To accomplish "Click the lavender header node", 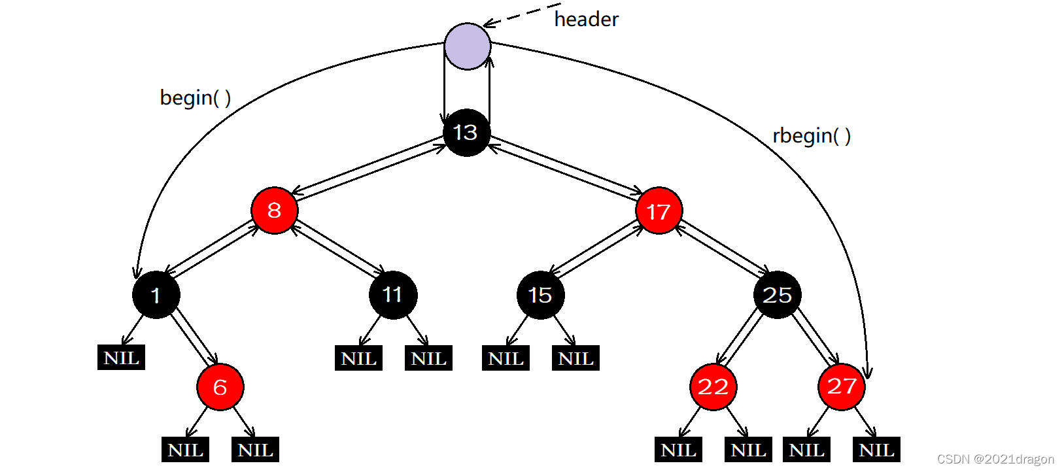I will tap(467, 46).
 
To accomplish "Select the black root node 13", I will tap(466, 133).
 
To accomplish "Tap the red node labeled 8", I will tap(275, 211).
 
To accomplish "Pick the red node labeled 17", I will tap(659, 211).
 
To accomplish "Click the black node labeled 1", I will tap(156, 295).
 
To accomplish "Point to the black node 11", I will tap(392, 295).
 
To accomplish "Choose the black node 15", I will tap(540, 295).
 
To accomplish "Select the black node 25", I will tap(777, 295).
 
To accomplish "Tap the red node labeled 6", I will tap(220, 387).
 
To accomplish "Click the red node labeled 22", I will tap(713, 387).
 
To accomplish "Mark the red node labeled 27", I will tap(841, 387).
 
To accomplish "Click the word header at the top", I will tap(586, 20).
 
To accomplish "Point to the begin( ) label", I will tap(195, 98).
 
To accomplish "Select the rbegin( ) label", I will tap(811, 136).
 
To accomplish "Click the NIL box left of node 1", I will tap(121, 358).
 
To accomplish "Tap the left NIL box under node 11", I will tap(358, 358).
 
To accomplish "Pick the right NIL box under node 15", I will tap(575, 358).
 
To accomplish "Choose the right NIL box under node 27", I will tap(876, 450).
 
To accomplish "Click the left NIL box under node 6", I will tap(185, 450).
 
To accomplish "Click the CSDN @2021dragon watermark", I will tap(995, 459).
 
